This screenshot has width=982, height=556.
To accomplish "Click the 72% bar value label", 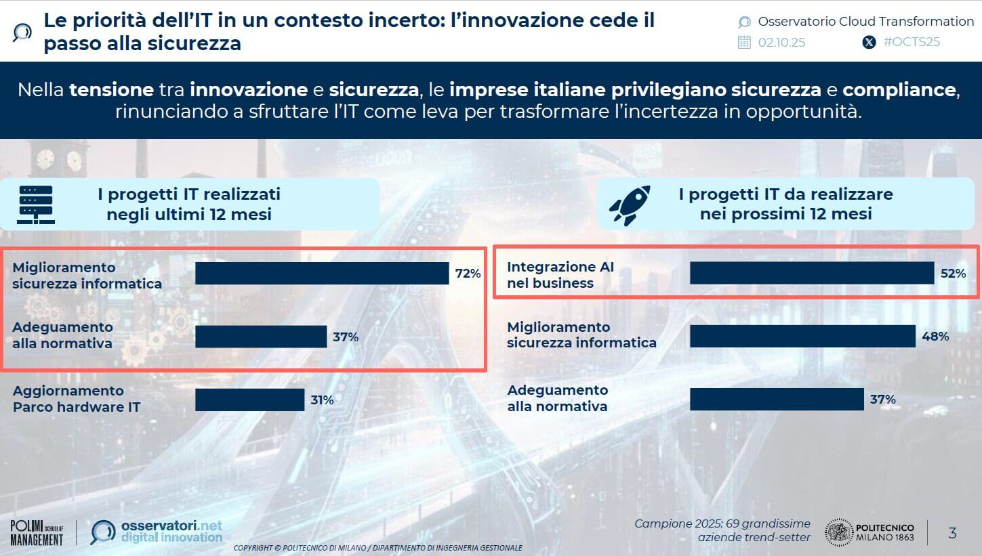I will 468,274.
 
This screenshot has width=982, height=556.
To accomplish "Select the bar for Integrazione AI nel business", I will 812,273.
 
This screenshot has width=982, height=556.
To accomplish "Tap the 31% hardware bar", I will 249,400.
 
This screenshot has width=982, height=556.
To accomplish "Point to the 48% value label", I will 935,336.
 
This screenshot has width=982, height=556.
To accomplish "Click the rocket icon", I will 630,205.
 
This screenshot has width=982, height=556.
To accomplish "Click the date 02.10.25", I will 781,42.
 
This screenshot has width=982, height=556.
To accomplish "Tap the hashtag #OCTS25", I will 912,42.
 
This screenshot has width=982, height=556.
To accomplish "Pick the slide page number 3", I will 952,533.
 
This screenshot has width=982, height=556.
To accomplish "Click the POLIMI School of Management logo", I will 37,533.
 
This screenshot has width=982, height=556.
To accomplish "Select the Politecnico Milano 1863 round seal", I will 838,532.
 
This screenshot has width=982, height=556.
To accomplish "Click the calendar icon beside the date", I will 744,42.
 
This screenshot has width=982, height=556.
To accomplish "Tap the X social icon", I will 869,42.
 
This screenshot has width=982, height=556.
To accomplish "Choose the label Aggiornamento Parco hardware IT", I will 77,399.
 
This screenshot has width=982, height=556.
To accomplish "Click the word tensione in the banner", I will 111,89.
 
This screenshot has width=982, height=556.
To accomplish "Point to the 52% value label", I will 953,274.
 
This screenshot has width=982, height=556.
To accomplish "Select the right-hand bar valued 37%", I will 777,400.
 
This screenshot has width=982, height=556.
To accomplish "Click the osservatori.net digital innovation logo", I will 157,532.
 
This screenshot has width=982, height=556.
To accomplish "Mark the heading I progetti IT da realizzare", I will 785,204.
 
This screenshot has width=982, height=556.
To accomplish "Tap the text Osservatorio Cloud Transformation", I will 865,21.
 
